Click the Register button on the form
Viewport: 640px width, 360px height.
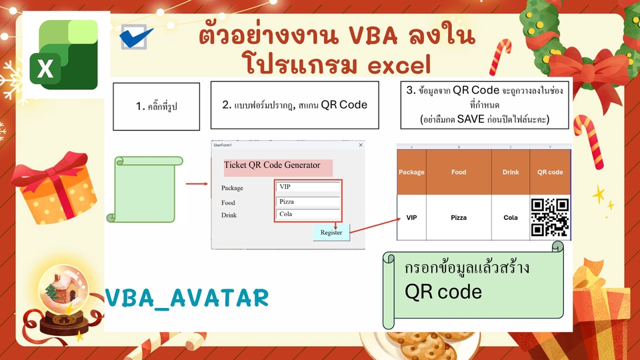point(331,232)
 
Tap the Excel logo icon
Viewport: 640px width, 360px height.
point(64,55)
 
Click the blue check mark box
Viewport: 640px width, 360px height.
point(135,37)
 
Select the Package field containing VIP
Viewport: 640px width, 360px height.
point(308,187)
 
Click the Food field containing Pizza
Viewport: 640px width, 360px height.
point(308,201)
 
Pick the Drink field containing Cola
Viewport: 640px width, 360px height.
point(308,214)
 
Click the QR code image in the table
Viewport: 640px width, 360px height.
point(550,217)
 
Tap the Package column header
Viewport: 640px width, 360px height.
point(411,172)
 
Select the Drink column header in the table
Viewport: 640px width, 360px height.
point(511,172)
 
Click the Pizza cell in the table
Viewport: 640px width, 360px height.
point(459,217)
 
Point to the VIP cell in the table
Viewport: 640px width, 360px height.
point(411,217)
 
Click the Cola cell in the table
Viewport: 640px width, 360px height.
point(511,217)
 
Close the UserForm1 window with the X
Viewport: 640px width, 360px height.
point(361,145)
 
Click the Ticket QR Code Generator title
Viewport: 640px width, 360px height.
point(272,165)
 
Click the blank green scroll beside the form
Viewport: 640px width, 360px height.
point(145,189)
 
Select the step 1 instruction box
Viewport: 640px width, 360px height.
point(156,107)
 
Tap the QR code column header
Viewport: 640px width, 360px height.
point(550,172)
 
